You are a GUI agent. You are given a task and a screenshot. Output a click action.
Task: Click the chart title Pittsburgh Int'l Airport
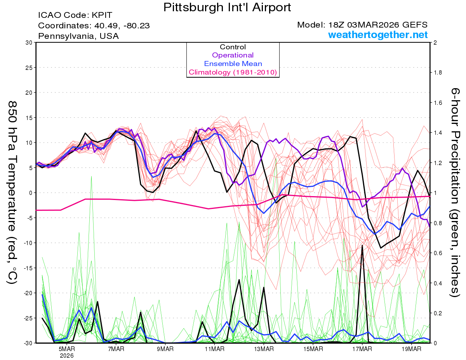point(227,7)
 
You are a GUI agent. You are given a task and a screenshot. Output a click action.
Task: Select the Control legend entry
point(233,47)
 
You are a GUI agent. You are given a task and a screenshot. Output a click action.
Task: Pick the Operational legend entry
point(233,55)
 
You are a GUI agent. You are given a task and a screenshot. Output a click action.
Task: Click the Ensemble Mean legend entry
point(233,64)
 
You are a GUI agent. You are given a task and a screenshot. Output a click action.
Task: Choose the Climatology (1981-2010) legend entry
point(233,72)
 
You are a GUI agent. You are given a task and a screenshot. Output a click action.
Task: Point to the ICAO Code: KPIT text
point(75,16)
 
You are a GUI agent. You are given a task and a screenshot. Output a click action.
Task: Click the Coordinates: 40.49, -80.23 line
point(94,26)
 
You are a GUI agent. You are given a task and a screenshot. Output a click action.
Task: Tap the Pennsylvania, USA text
point(78,36)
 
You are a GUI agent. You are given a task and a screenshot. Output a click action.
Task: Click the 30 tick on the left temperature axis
point(28,43)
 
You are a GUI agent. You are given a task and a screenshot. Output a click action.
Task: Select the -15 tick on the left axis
point(27,268)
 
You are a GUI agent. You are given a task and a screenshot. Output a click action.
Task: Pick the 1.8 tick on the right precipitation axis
point(438,73)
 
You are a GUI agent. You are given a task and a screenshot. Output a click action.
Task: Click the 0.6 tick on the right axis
point(438,253)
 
